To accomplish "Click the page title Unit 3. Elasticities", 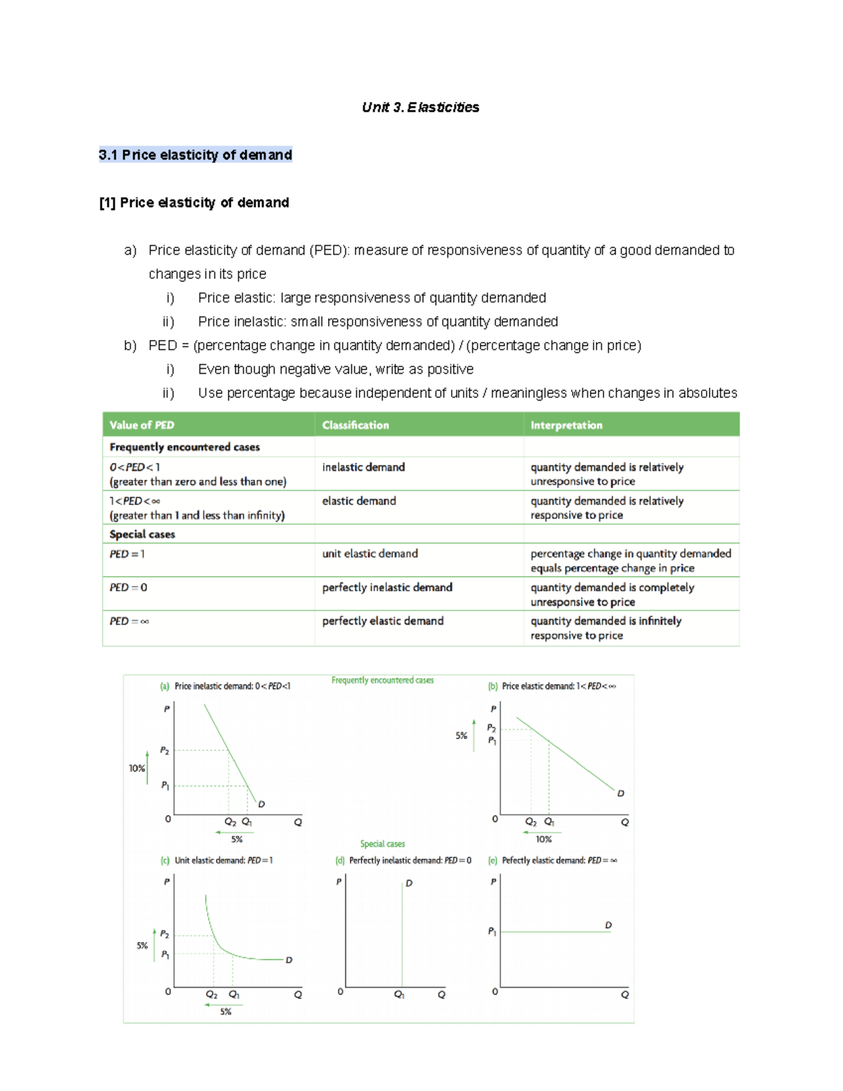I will tap(420, 107).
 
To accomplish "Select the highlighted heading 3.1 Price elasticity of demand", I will tap(195, 155).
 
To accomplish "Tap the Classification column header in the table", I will tap(355, 425).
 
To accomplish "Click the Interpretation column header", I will tap(566, 425).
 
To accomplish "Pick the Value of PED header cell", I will tap(142, 425).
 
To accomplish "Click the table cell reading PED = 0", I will tap(129, 588).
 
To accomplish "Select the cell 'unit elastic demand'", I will tap(370, 554).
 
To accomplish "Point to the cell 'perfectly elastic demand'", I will tap(383, 622).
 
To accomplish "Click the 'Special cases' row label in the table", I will tap(143, 535).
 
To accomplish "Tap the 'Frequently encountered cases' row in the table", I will tap(185, 447).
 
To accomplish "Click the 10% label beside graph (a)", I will tap(136, 769).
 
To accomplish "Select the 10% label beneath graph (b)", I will tap(544, 840).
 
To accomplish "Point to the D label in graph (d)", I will tap(409, 883).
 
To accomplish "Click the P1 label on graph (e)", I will tap(492, 932).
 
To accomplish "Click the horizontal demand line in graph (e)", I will tap(555, 932).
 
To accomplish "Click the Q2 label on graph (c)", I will tap(211, 995).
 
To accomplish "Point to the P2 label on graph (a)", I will tap(164, 751).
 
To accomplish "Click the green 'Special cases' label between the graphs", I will tap(382, 844).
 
